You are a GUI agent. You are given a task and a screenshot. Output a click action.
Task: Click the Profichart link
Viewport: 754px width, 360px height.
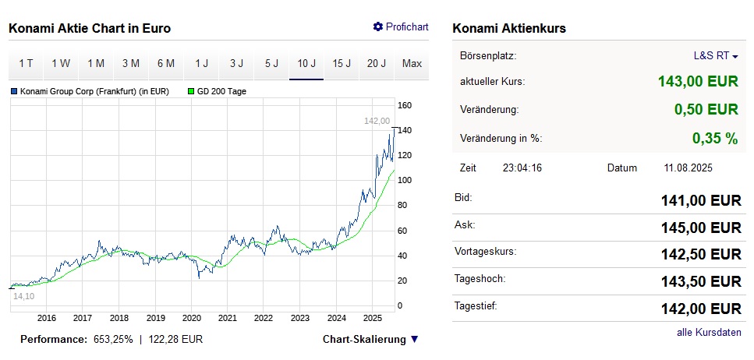[x=401, y=27]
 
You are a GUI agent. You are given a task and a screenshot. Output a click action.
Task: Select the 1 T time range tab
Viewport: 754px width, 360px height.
[x=26, y=64]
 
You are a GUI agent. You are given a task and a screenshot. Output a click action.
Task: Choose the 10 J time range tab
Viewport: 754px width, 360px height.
[x=306, y=64]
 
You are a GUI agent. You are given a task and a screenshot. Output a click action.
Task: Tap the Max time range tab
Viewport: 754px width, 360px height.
[x=412, y=64]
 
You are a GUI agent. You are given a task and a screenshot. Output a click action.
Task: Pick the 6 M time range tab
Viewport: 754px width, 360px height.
[x=166, y=64]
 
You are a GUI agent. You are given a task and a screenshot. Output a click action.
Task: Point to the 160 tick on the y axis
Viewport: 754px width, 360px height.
[x=405, y=105]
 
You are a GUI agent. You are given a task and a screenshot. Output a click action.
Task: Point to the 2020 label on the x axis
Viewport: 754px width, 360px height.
[x=191, y=318]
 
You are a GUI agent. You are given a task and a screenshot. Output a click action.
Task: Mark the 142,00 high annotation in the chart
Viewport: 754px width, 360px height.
[x=377, y=121]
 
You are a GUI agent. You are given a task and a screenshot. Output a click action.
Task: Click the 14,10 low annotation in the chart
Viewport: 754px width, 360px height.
[x=24, y=296]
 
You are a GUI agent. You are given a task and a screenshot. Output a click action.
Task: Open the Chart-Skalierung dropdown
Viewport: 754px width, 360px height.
[x=370, y=340]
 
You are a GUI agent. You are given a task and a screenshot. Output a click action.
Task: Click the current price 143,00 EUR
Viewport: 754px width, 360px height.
[x=698, y=81]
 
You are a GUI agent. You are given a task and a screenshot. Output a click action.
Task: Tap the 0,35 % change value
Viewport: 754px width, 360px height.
[x=714, y=139]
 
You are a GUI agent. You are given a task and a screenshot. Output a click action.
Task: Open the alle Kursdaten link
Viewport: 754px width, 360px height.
[x=709, y=333]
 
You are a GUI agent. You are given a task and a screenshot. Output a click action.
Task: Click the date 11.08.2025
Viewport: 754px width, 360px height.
[x=689, y=168]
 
